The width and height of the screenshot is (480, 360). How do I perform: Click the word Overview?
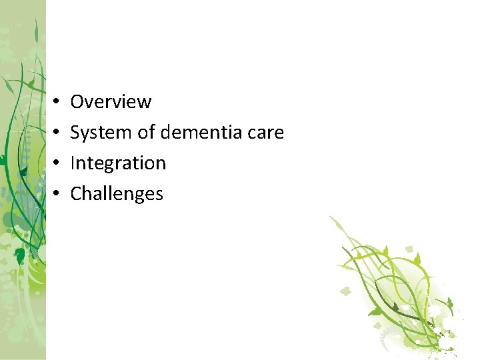click(111, 102)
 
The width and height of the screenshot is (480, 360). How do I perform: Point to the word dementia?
click(200, 133)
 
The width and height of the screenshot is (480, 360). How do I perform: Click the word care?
click(267, 133)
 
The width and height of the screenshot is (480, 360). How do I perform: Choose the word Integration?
click(118, 163)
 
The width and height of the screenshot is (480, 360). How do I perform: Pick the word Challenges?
click(117, 194)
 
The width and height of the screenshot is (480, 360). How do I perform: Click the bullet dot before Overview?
click(57, 102)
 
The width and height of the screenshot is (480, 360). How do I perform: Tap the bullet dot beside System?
click(57, 133)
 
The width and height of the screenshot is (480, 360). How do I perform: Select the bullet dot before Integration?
click(57, 163)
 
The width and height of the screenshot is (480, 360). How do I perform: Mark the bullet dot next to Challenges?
click(57, 194)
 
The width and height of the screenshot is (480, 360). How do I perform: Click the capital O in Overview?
click(77, 102)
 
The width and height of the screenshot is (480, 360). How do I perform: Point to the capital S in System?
click(75, 133)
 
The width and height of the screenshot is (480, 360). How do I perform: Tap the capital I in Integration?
click(73, 163)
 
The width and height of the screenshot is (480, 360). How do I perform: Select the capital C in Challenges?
click(75, 194)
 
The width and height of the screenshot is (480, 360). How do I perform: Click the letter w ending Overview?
click(145, 103)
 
